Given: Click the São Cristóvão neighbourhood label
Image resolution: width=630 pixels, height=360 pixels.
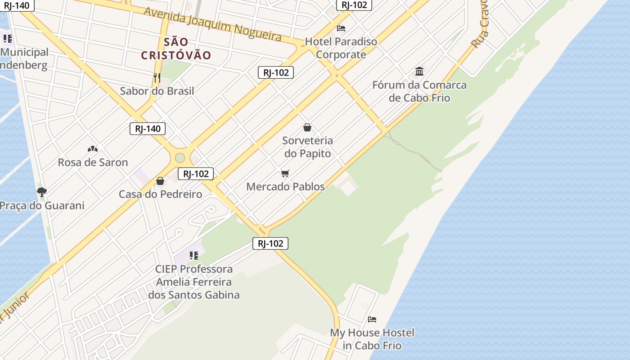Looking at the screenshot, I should point(176,49).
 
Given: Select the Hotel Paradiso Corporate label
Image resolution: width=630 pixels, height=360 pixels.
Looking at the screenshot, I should point(341,48).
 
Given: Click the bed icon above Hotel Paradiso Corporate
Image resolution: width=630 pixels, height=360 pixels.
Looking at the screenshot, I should point(341,28).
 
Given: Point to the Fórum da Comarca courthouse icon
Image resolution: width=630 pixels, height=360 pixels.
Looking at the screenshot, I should point(419,72).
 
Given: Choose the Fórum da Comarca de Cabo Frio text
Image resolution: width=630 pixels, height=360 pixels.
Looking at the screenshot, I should point(419,91).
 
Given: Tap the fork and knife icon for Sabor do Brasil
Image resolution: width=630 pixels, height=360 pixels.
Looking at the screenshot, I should point(157,77).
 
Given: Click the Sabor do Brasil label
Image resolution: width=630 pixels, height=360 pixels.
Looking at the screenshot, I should point(157,91).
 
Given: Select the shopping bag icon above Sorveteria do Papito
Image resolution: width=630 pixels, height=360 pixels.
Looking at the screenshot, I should point(307,128).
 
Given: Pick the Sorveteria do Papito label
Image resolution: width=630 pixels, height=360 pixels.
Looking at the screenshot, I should point(307,147).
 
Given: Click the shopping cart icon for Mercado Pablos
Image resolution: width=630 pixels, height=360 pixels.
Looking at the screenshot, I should point(285,173).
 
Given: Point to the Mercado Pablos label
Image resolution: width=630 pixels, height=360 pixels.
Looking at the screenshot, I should point(285,186).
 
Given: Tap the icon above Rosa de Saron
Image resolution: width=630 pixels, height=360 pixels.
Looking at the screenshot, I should point(93,149).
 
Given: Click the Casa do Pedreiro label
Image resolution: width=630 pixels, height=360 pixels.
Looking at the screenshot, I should point(160,194).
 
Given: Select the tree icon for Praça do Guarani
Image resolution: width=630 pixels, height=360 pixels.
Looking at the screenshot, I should point(42,193).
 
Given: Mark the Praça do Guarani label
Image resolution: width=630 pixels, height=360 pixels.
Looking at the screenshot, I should point(42,206).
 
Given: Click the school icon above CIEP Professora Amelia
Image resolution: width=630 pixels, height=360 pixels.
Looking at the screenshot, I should point(194,256).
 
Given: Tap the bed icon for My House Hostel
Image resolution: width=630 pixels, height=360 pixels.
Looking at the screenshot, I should point(372,319).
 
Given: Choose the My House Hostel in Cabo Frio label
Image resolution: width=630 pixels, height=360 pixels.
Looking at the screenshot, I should point(372,339).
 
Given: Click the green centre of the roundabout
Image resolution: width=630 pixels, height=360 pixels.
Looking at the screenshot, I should point(180,158).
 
